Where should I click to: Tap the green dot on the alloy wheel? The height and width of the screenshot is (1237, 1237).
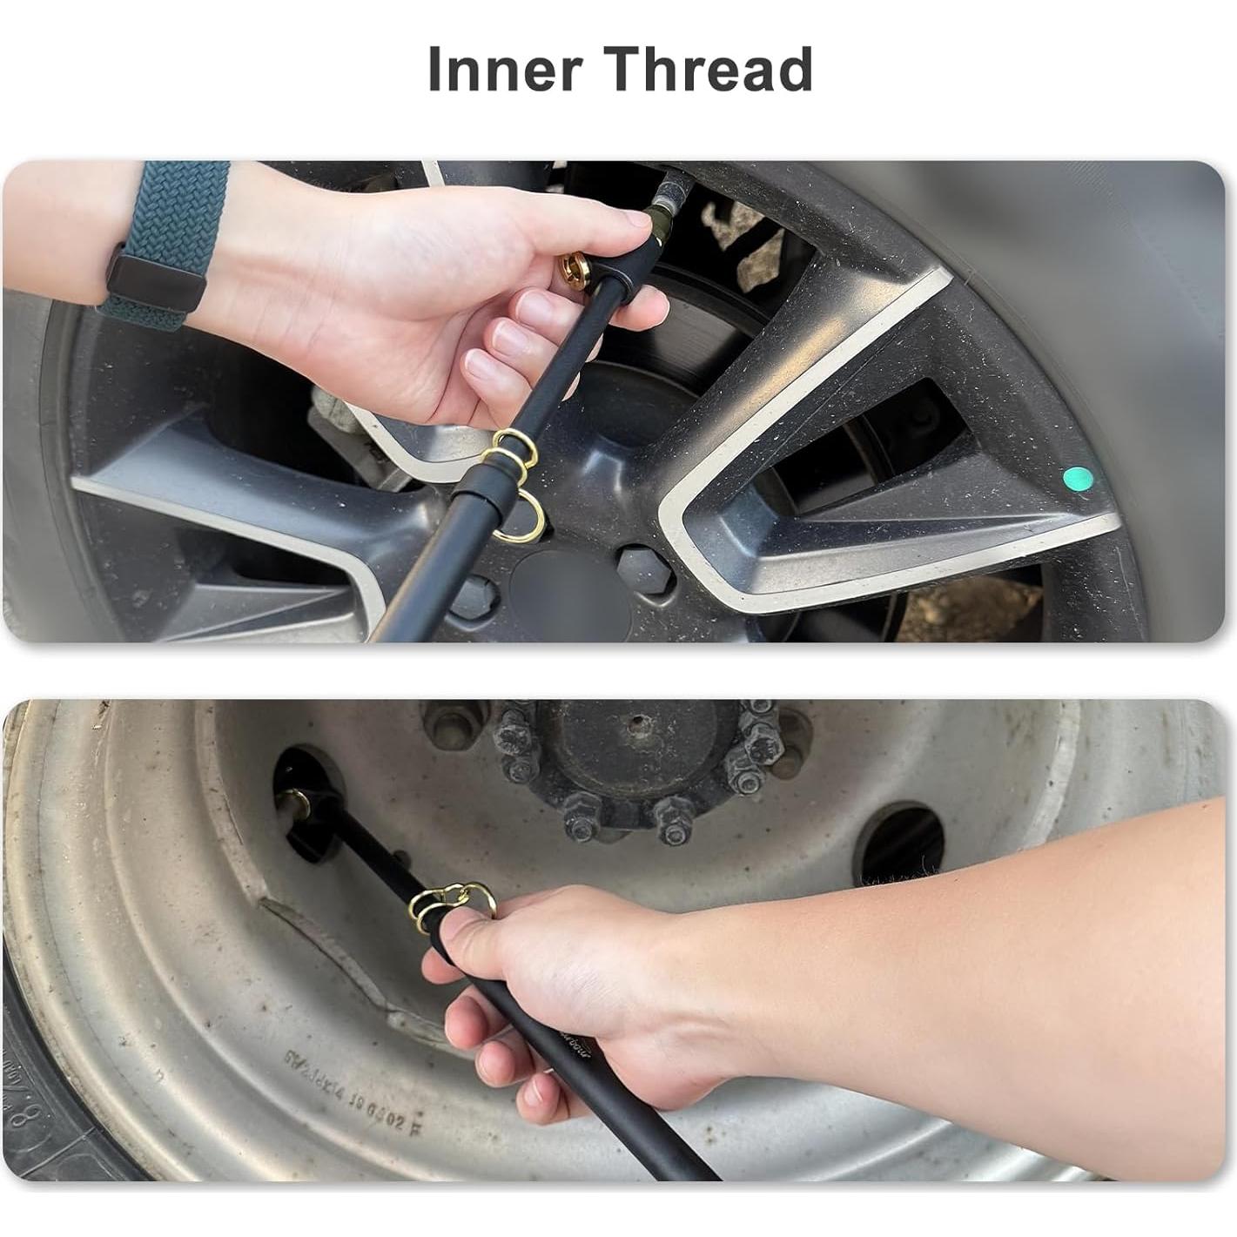tap(1078, 478)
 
